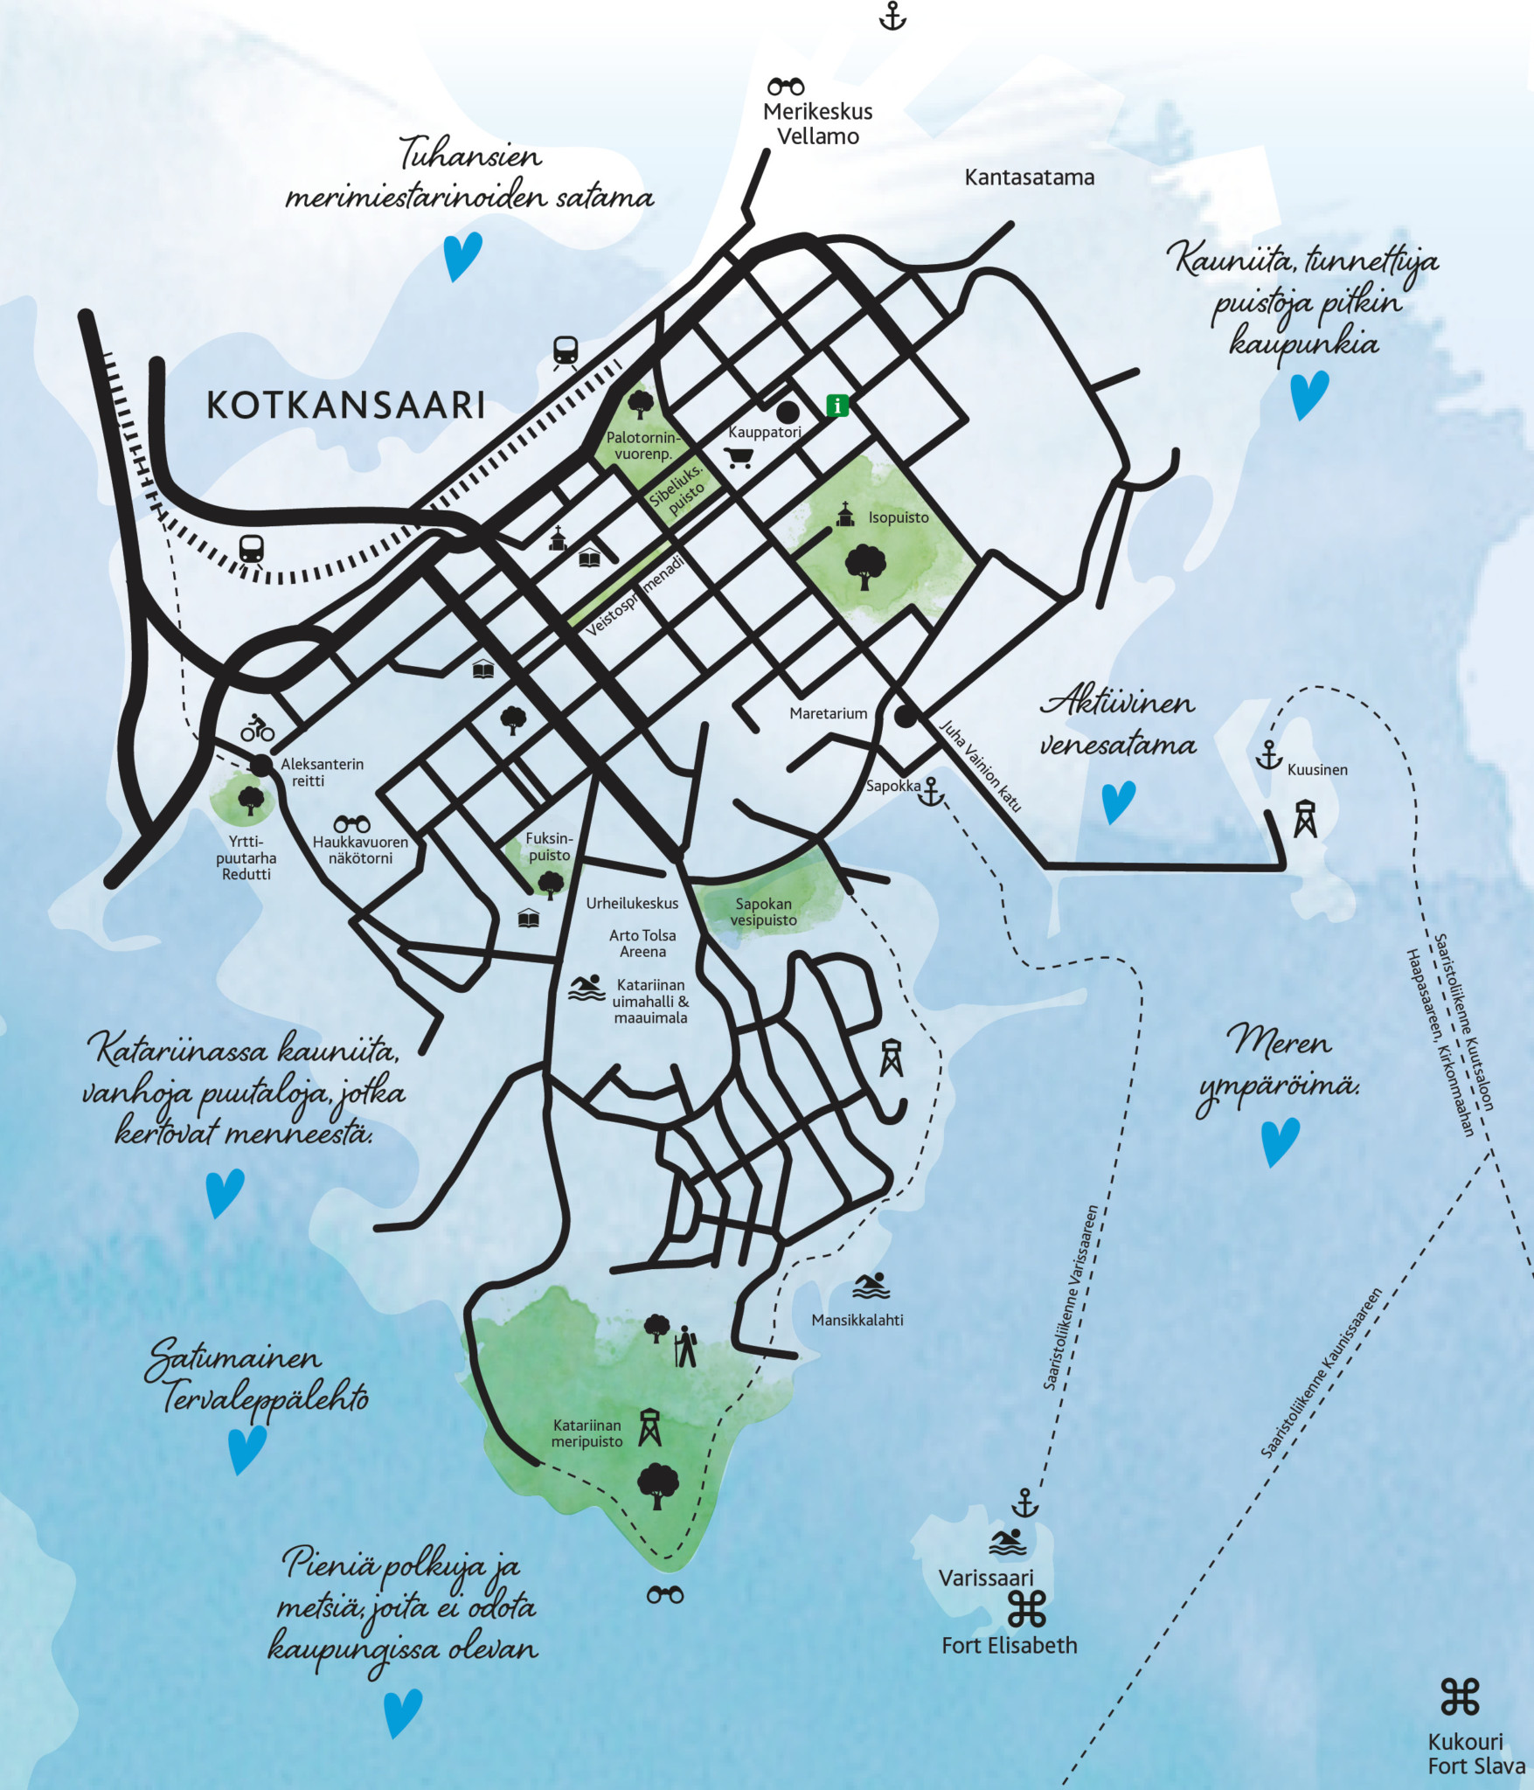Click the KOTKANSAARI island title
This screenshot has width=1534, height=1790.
click(345, 406)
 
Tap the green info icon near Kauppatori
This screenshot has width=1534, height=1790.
click(837, 406)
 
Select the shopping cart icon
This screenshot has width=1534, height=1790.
click(739, 457)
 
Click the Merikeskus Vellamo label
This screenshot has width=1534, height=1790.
click(817, 123)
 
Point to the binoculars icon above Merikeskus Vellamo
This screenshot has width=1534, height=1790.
click(786, 87)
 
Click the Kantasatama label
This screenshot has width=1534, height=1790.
click(1029, 177)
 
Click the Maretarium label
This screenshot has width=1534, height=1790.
click(828, 713)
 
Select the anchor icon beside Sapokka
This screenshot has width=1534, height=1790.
click(932, 791)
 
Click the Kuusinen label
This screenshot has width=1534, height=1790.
click(1316, 770)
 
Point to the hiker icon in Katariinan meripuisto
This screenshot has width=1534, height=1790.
click(686, 1347)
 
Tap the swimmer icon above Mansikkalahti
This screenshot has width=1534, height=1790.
click(871, 1286)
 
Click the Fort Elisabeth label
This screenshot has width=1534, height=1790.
click(1009, 1645)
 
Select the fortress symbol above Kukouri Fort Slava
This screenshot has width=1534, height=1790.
click(1460, 1696)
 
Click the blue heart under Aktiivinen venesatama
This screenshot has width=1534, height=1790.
click(1118, 801)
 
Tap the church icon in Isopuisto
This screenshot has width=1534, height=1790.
click(844, 515)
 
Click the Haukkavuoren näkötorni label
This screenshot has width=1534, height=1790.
click(360, 850)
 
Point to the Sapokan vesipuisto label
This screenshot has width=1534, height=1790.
click(763, 912)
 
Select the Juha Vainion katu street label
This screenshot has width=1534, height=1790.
click(980, 766)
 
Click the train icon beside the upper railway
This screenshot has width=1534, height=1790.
click(566, 351)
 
